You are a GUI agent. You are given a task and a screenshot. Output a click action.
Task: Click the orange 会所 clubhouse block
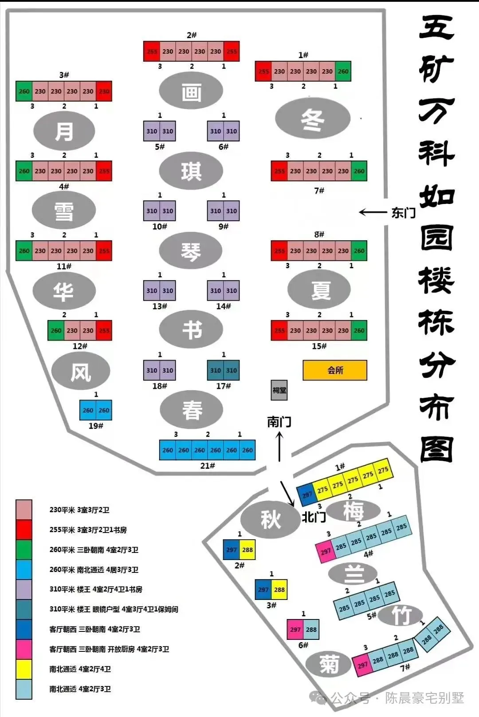tap(335, 370)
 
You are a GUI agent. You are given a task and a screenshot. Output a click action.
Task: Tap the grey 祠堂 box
tap(279, 390)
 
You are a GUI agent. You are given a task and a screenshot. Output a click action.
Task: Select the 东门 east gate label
tap(403, 213)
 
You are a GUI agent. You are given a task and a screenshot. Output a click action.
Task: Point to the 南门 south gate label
tap(279, 422)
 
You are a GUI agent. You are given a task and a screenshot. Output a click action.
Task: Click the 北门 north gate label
tap(314, 517)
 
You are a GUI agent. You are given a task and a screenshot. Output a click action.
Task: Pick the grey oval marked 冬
tap(313, 119)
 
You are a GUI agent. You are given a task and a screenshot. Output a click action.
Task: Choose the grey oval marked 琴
tap(191, 251)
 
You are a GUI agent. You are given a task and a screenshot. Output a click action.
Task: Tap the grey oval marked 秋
tap(271, 519)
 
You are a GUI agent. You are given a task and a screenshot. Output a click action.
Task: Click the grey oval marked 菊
tap(329, 664)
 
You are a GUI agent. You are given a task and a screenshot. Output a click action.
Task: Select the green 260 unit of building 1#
tap(343, 71)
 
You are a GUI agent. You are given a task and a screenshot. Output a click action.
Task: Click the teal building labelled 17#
tap(224, 370)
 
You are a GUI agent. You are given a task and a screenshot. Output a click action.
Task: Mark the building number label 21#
tap(208, 466)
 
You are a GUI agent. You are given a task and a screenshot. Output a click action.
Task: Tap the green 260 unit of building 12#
tap(56, 330)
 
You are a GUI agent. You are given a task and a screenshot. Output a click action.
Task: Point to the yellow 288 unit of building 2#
tap(247, 550)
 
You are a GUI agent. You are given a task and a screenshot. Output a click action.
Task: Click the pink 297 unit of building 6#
tap(295, 630)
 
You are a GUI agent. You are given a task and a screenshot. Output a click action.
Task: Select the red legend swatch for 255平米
tap(24, 530)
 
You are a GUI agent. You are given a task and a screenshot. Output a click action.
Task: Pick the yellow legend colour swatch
tap(24, 669)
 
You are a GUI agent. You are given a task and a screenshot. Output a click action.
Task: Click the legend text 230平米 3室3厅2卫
tap(79, 510)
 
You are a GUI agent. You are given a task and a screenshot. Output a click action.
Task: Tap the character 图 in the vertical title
tap(436, 449)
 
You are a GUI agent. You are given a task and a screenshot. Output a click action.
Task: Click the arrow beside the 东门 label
tap(373, 213)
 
